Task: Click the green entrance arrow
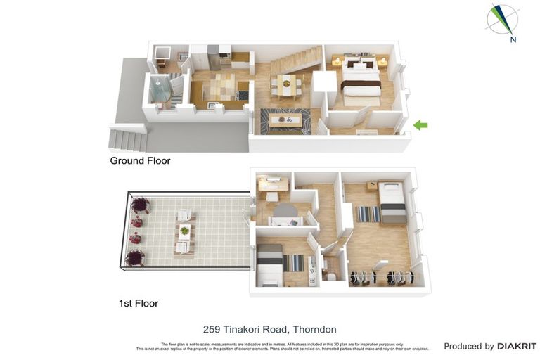[x=420, y=125]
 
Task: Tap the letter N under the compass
[x=513, y=40]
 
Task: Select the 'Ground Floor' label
[x=140, y=161]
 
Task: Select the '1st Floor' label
[x=138, y=304]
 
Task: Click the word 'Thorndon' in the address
[x=314, y=329]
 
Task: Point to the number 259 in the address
[x=212, y=329]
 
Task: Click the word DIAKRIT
[x=517, y=346]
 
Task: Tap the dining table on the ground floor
[x=286, y=84]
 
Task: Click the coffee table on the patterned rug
[x=285, y=120]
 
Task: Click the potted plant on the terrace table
[x=184, y=231]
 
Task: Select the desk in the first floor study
[x=273, y=185]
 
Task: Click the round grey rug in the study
[x=284, y=210]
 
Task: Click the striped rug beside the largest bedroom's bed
[x=368, y=214]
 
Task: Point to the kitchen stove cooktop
[x=242, y=94]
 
